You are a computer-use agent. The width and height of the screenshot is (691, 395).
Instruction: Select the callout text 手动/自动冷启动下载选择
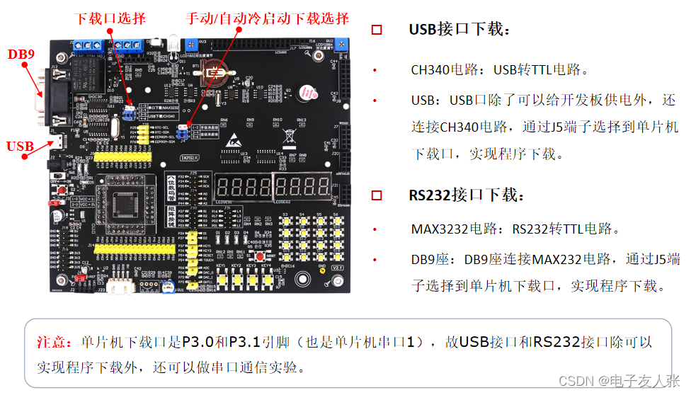point(267,18)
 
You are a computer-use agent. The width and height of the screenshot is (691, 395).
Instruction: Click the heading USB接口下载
point(459,30)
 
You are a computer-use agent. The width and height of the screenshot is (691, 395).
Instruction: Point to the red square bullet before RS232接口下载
point(377,195)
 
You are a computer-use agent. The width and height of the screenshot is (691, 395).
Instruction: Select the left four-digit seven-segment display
point(244,188)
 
